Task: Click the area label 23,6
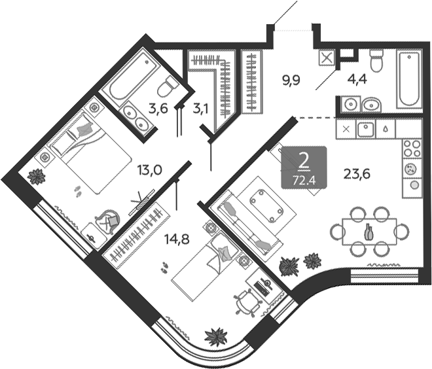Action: pyautogui.click(x=357, y=174)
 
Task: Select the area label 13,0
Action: pyautogui.click(x=149, y=171)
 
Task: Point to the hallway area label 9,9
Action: pyautogui.click(x=291, y=81)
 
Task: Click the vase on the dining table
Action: pyautogui.click(x=369, y=231)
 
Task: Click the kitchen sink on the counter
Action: pyautogui.click(x=365, y=128)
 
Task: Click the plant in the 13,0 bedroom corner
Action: pyautogui.click(x=37, y=175)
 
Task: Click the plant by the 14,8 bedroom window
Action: pyautogui.click(x=215, y=337)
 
